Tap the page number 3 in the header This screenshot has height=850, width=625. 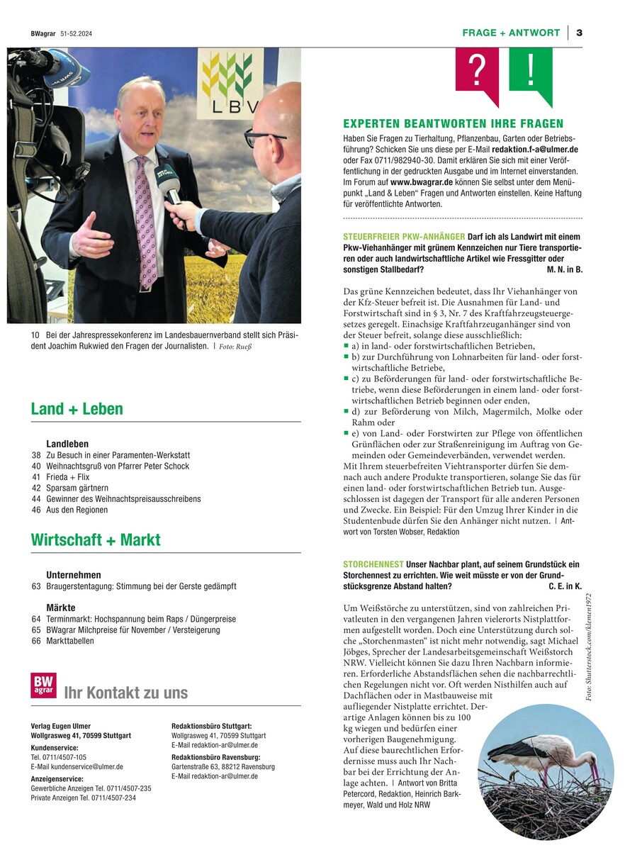[x=579, y=33]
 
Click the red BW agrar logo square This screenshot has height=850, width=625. [x=43, y=686]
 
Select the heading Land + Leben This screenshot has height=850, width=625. [x=77, y=409]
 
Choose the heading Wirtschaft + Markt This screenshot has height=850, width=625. [x=96, y=539]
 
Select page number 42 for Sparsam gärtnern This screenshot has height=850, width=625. [x=36, y=488]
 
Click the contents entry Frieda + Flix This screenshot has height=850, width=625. [x=68, y=478]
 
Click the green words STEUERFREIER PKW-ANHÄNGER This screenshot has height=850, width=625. [x=404, y=236]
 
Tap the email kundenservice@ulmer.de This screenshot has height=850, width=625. [x=77, y=767]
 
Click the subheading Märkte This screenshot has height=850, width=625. [x=61, y=608]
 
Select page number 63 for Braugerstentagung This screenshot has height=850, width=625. [x=36, y=587]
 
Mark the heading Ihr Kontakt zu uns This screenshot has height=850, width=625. [x=126, y=693]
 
